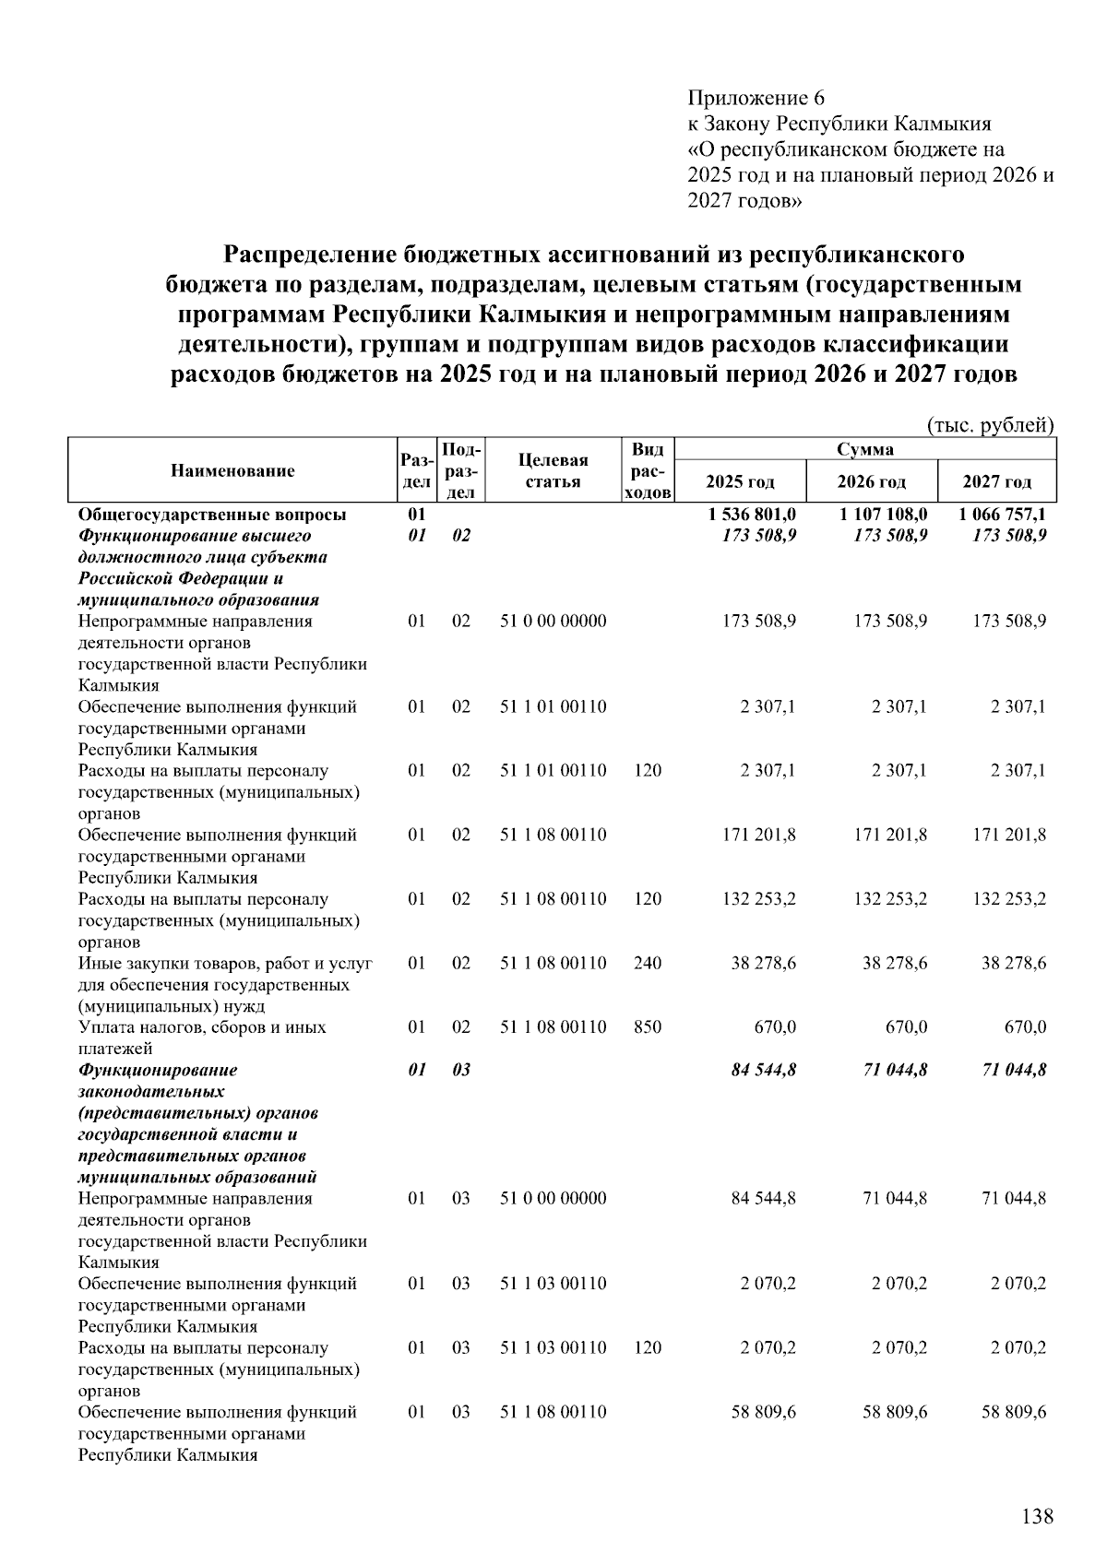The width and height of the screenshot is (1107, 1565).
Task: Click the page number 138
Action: coord(1037,1516)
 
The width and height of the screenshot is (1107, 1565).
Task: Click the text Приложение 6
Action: coord(756,98)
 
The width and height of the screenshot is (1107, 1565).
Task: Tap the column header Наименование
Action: coord(232,471)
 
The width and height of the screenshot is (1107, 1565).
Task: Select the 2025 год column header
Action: coord(740,481)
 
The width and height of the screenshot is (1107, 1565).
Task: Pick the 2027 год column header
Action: coord(996,481)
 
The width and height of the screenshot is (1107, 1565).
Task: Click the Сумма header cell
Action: coord(864,450)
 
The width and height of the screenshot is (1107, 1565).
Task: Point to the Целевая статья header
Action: coord(553,471)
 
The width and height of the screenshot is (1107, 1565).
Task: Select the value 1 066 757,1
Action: coord(1002,515)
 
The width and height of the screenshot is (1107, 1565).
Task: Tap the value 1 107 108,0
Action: coord(883,515)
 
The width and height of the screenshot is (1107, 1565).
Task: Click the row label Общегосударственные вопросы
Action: coord(212,515)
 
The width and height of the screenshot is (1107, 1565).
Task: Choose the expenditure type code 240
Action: coord(648,963)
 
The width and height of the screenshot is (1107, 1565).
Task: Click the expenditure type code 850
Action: coord(648,1026)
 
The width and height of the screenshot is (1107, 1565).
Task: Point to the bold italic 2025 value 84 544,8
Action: coord(764,1070)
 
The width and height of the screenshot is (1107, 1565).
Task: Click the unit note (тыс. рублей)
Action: coord(989,425)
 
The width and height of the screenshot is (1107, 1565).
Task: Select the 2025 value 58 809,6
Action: coord(764,1412)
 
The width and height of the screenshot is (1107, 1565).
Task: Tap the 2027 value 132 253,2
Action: coord(1009,898)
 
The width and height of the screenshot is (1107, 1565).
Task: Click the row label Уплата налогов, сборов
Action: coord(202,1027)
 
